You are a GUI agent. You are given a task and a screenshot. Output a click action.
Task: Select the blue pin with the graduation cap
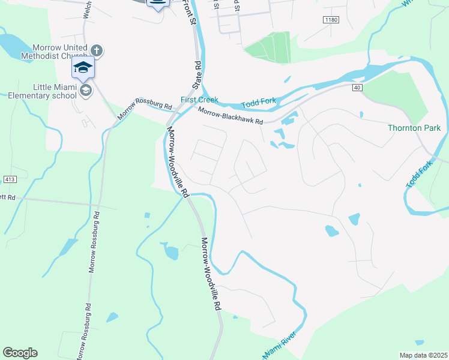[x=83, y=67]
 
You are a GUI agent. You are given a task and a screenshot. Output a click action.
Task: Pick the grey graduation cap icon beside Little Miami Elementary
[x=86, y=90]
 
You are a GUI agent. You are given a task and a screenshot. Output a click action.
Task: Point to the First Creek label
[x=199, y=100]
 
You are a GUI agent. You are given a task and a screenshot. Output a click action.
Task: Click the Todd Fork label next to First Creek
[x=259, y=101]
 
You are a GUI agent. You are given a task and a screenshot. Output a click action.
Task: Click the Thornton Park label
[x=414, y=128]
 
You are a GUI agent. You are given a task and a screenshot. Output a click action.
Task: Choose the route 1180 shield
[x=331, y=20]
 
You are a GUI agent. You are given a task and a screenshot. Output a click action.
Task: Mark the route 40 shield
[x=357, y=88]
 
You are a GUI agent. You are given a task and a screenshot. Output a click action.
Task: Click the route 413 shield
[x=8, y=179]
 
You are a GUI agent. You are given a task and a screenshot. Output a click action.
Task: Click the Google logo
[x=20, y=353]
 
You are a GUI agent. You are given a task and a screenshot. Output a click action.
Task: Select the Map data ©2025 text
[x=423, y=355]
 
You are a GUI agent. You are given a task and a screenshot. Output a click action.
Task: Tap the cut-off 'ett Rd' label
[x=7, y=196]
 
